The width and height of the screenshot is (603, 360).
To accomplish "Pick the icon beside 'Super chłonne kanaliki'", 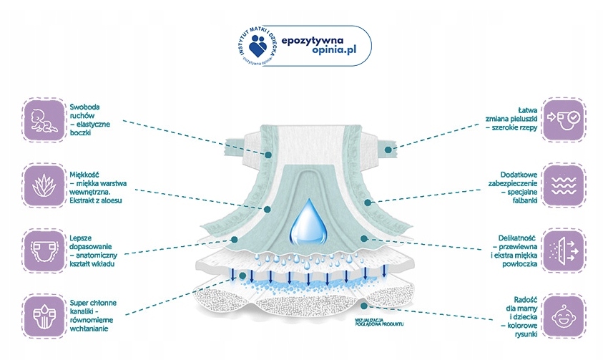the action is click(42, 312).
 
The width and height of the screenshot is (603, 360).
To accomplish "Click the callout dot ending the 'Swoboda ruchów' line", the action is click(269, 154).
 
